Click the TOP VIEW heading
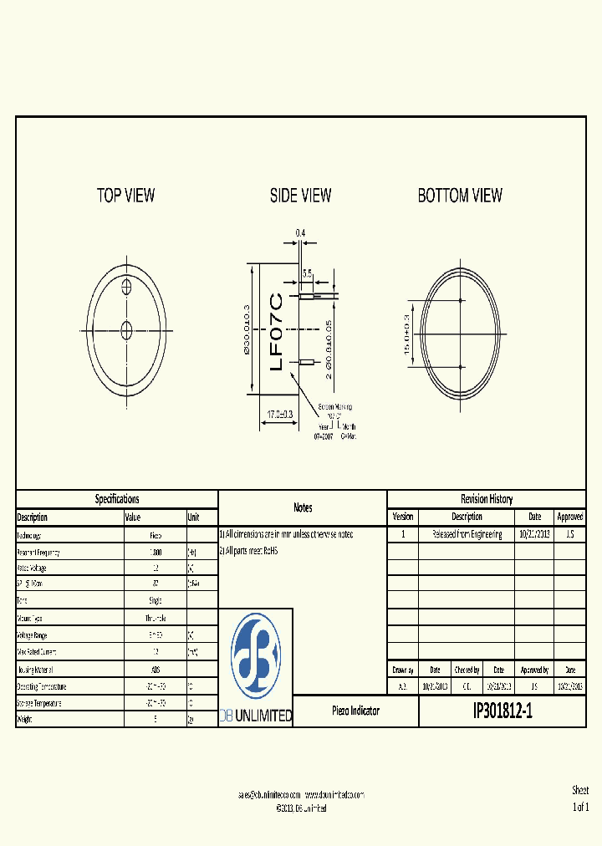click(x=125, y=196)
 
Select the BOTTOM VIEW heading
click(x=460, y=196)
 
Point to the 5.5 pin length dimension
click(x=307, y=273)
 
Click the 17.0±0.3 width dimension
click(x=279, y=413)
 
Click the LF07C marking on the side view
click(x=277, y=330)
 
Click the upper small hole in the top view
click(x=127, y=287)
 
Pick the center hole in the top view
click(x=127, y=327)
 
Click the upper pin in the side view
click(x=308, y=295)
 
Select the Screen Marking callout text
click(x=334, y=407)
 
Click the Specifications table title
click(x=117, y=499)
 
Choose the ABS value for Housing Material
click(x=156, y=670)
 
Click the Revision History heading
click(x=487, y=499)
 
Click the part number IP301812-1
click(x=502, y=711)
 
